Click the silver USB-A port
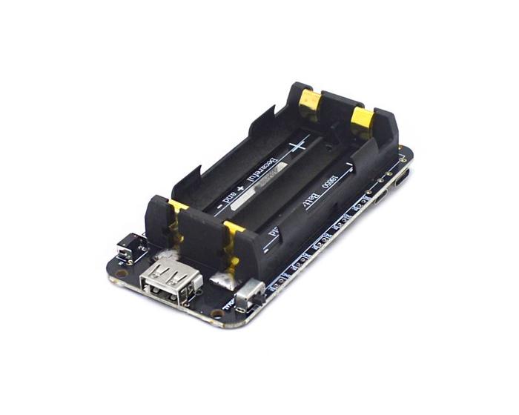tap(170, 284)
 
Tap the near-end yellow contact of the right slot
tap(234, 237)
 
